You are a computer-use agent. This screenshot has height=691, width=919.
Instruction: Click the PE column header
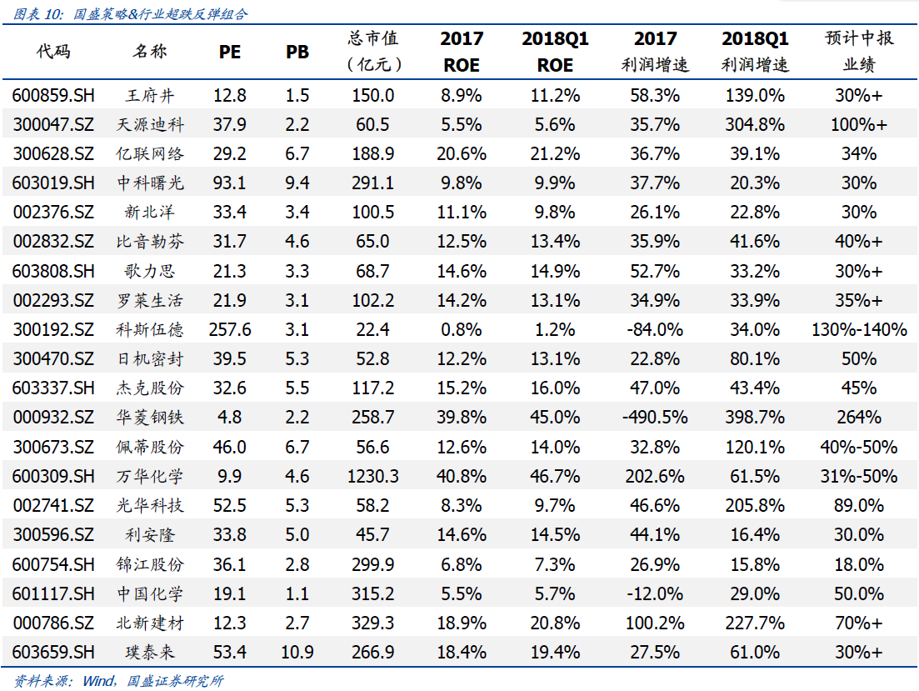(229, 52)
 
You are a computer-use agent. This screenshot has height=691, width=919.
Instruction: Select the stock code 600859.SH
(53, 95)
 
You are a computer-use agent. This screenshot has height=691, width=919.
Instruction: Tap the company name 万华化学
(150, 476)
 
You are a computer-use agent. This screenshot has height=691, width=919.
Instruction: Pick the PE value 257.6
(229, 329)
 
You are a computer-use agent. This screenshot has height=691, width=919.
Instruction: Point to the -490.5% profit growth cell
(655, 418)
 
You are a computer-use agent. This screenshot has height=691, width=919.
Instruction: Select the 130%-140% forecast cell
(858, 329)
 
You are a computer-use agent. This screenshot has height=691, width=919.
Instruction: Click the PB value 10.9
(297, 652)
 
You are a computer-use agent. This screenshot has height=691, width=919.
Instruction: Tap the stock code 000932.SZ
(53, 418)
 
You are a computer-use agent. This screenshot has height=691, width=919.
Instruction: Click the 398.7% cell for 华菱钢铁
(755, 418)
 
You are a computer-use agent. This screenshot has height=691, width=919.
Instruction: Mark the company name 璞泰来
(150, 652)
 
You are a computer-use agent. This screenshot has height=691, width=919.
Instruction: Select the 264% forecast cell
(858, 418)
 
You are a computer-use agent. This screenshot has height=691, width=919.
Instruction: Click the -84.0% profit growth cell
(655, 329)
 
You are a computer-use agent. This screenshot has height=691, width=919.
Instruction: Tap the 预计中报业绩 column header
(858, 51)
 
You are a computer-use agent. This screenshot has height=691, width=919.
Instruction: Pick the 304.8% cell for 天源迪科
(755, 125)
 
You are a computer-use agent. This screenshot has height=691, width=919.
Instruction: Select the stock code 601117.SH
(53, 593)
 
